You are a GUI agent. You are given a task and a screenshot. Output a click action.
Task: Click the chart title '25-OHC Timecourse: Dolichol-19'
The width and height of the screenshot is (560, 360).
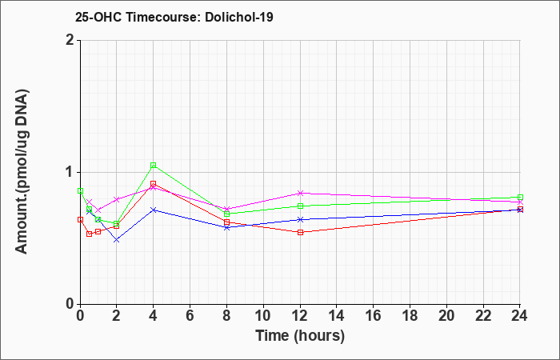174,17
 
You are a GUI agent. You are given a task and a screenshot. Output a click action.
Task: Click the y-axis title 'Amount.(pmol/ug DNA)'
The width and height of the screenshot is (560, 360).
22,172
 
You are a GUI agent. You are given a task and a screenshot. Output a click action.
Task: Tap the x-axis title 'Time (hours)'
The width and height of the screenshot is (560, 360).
300,336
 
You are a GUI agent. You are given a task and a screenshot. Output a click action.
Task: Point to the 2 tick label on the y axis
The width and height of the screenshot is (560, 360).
70,40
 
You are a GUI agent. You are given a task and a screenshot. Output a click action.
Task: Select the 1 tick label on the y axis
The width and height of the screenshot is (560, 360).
70,172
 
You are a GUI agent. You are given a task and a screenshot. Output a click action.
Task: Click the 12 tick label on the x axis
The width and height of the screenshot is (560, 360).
300,315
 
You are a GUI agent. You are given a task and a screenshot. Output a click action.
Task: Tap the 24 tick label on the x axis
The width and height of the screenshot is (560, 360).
520,315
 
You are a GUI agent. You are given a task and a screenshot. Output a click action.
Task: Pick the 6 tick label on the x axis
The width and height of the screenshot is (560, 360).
190,315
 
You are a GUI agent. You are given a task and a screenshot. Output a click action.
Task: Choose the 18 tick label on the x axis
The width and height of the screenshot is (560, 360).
410,315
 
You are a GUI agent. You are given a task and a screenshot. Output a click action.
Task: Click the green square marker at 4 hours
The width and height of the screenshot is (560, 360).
154,165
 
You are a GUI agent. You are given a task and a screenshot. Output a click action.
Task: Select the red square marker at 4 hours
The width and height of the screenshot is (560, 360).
154,183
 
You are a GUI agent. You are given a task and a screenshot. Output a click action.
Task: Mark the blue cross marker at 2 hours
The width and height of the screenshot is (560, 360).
117,240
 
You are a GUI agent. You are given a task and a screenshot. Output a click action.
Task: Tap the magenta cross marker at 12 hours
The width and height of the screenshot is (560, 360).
300,194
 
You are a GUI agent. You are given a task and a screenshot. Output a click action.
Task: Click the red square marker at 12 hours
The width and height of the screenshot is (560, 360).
300,232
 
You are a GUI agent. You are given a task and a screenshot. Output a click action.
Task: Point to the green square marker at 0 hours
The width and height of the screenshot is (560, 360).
80,190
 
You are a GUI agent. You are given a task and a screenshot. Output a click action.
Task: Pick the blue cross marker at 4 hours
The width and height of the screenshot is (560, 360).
154,210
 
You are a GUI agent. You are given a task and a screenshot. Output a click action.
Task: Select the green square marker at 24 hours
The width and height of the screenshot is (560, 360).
520,197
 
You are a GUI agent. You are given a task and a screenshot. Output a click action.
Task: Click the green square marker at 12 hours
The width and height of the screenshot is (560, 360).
300,206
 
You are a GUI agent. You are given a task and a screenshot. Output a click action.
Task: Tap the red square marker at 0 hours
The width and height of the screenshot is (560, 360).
80,220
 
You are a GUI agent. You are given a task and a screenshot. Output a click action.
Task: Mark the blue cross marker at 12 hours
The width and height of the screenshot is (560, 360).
300,219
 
